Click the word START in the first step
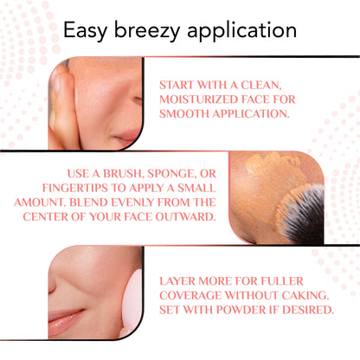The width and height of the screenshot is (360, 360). pos(177,85)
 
